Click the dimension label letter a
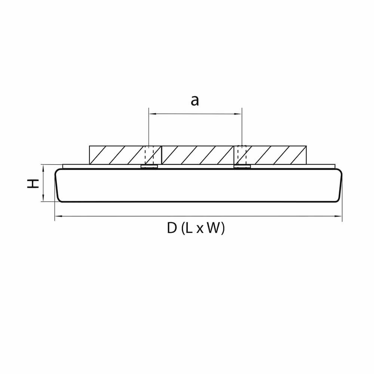[195, 101]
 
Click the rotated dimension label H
[34, 183]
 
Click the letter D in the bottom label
[172, 228]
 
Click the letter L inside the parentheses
[190, 228]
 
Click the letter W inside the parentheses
[214, 228]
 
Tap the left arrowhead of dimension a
[151, 113]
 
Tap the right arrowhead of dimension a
[240, 113]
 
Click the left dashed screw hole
[149, 155]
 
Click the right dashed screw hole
[242, 155]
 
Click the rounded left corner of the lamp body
[58, 172]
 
